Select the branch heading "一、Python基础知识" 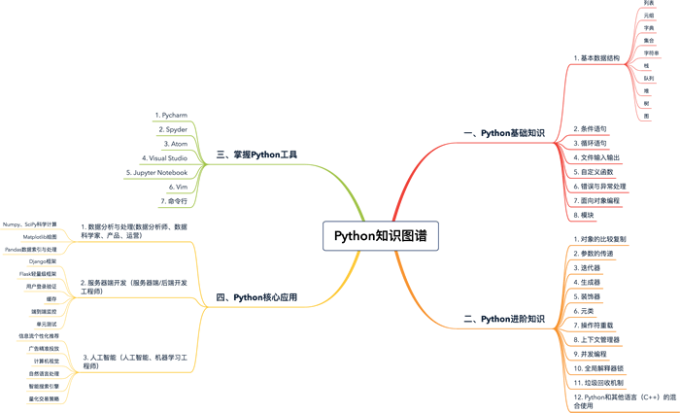pyautogui.click(x=504, y=132)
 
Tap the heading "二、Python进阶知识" pyautogui.click(x=504, y=318)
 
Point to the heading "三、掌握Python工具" pyautogui.click(x=256, y=154)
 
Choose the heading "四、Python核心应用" pyautogui.click(x=256, y=297)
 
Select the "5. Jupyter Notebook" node pyautogui.click(x=156, y=171)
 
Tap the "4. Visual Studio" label pyautogui.click(x=164, y=156)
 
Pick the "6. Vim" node pyautogui.click(x=178, y=186)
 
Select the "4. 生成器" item pyautogui.click(x=588, y=282)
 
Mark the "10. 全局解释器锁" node pyautogui.click(x=601, y=369)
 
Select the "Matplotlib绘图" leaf pyautogui.click(x=40, y=236)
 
